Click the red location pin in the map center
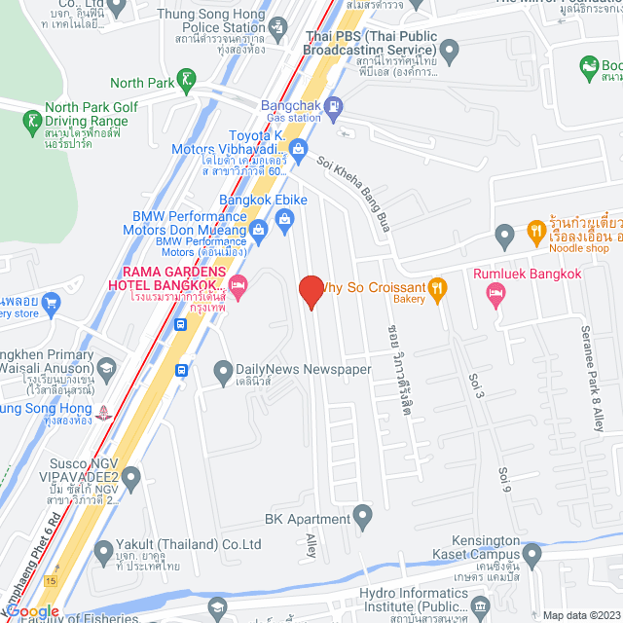(x=311, y=291)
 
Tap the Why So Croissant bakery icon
(x=438, y=287)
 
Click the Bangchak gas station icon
(x=334, y=105)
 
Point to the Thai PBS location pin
(x=449, y=51)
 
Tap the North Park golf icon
(x=187, y=78)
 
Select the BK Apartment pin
(x=362, y=513)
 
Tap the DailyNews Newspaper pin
(x=222, y=370)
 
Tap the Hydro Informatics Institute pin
(x=480, y=608)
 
